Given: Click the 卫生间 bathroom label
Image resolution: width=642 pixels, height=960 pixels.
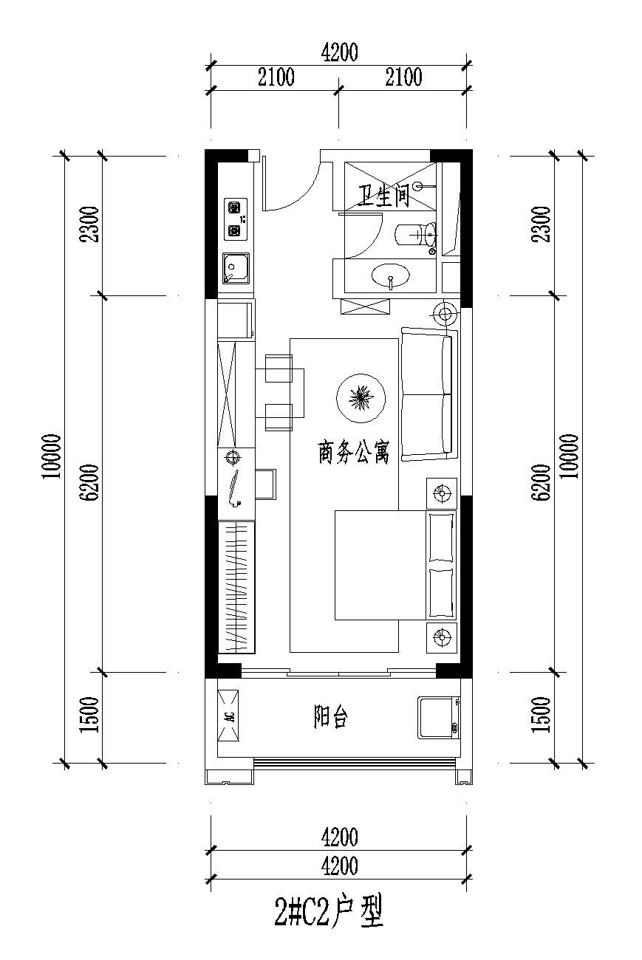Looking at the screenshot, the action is coord(383,196).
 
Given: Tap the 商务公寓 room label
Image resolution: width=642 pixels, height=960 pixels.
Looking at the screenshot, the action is coord(354,453).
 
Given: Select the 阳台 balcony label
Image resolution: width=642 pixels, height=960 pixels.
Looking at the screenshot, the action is coord(330,716).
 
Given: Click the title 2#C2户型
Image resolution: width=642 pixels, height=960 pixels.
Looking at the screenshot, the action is coord(329,913).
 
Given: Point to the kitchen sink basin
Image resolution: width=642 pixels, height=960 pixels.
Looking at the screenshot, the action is coord(236,268).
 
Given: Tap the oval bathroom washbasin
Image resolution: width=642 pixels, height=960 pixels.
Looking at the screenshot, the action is coord(390,275).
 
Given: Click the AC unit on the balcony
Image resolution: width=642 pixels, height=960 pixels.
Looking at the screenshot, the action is coord(228,716).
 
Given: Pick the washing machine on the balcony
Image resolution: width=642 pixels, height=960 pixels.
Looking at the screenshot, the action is coord(438,718).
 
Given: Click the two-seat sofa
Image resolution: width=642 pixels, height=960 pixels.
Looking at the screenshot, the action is coord(427,394).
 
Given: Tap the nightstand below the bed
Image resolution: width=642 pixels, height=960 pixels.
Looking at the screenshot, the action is coord(441,637).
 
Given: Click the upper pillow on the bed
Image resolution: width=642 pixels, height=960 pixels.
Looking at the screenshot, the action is coord(441,538).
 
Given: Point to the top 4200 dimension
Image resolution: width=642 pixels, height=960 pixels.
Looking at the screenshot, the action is coord(339,52).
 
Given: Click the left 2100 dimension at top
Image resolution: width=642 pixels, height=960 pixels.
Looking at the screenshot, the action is coord(276,77).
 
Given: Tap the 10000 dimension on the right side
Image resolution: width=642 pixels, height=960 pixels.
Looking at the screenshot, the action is coord(569,456).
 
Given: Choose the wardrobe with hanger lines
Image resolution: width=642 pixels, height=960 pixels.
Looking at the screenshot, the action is coord(236,587).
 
